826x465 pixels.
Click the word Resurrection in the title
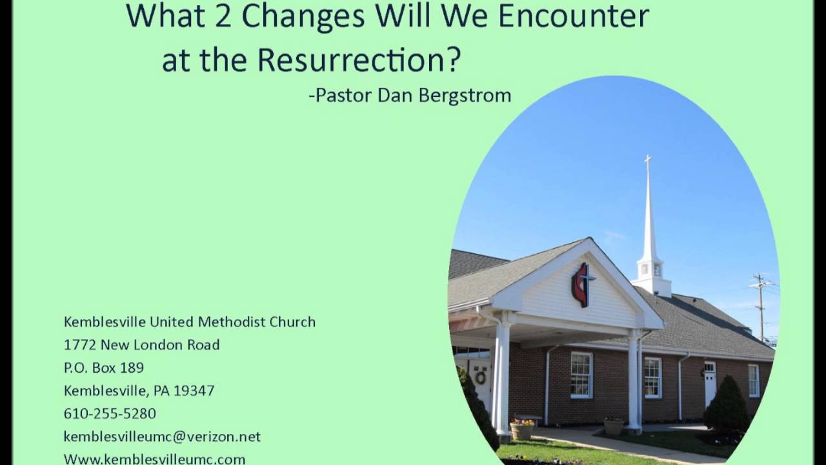tap(359, 60)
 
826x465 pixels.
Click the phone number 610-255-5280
tap(110, 413)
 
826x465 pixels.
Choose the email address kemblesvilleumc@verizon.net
tap(162, 437)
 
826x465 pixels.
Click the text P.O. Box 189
tap(104, 368)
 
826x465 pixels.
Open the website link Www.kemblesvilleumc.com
tap(154, 459)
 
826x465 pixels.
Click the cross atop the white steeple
tap(647, 160)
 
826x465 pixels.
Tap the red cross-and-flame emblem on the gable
tap(582, 284)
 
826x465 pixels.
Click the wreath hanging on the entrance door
tap(480, 377)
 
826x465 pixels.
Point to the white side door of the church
tap(710, 383)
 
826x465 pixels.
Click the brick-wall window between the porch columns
tap(581, 375)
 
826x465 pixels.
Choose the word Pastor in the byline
tap(342, 96)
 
